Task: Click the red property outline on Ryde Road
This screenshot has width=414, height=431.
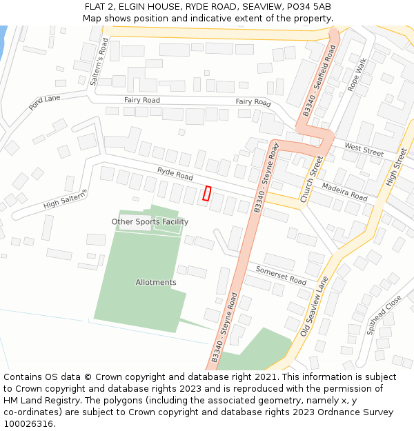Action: click(206, 194)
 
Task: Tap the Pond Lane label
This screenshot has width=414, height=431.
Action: click(45, 103)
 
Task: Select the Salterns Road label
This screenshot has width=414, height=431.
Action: click(99, 63)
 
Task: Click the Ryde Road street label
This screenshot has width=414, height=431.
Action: click(175, 172)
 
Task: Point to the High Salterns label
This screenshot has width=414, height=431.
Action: click(66, 199)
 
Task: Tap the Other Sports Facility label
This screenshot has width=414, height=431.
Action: click(150, 222)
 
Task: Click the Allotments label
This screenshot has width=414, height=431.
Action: click(156, 282)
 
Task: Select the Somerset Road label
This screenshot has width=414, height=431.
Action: click(281, 275)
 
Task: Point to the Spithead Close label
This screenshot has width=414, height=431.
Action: click(384, 314)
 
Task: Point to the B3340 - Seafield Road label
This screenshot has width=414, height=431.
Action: click(319, 81)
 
